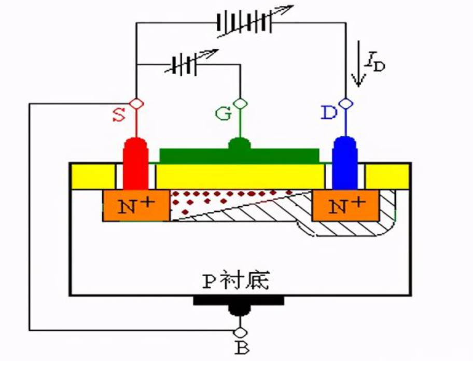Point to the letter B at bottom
(x=241, y=348)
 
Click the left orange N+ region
(x=136, y=206)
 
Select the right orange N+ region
(x=346, y=206)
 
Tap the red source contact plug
(x=136, y=163)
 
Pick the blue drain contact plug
(x=345, y=163)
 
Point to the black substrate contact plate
(x=239, y=301)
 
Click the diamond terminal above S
(x=136, y=103)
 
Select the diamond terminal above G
(x=240, y=103)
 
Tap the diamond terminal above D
(x=345, y=103)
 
